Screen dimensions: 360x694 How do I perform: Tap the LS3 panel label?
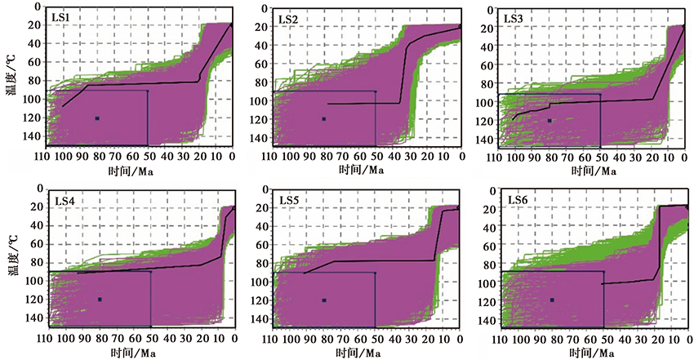tap(514, 16)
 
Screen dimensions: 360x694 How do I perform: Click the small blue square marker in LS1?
tap(97, 118)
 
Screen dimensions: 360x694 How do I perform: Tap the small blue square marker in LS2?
tap(323, 118)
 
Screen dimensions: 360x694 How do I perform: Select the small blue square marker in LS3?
tap(549, 120)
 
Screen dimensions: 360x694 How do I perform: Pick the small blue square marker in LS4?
tap(100, 300)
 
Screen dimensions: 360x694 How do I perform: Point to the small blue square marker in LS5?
tap(324, 300)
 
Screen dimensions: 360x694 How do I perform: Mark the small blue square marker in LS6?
tap(552, 300)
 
